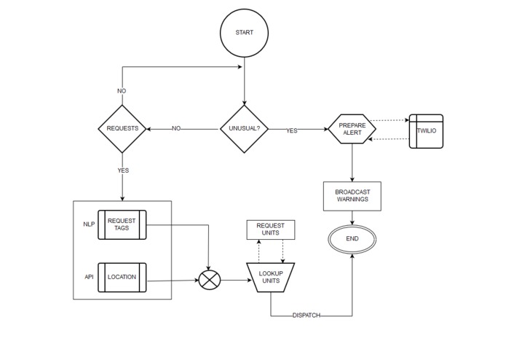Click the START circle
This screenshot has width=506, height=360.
[x=245, y=34]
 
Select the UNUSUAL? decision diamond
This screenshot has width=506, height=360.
[x=245, y=129]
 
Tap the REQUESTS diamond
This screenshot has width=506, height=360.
[x=122, y=129]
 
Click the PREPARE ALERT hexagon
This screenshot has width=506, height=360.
[x=352, y=129]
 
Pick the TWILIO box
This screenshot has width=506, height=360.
[x=426, y=131]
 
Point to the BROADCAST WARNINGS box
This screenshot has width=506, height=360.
[x=352, y=195]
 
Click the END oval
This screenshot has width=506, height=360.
[x=352, y=239]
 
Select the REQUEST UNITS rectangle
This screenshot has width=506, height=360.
[x=271, y=230]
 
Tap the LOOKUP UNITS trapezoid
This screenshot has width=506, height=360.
[x=271, y=278]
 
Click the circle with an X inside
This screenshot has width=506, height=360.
[x=210, y=280]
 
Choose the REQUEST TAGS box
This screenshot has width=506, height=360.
[x=122, y=224]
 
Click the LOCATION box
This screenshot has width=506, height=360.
[x=122, y=277]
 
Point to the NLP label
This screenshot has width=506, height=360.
[x=89, y=224]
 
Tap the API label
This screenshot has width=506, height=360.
[x=89, y=277]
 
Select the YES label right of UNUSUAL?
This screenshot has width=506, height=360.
[x=291, y=130]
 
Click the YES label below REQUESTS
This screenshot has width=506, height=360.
[x=123, y=170]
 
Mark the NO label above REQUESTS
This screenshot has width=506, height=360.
[x=122, y=91]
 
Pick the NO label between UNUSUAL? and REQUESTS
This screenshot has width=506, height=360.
[x=176, y=129]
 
